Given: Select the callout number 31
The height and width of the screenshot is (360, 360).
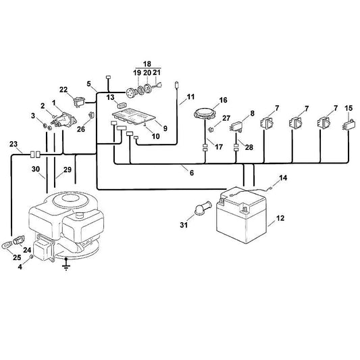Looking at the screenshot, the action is tap(184, 225).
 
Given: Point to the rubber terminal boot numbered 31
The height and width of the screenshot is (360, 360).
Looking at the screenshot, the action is tap(202, 207).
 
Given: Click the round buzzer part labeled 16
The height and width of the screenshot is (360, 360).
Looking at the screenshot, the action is tap(205, 113).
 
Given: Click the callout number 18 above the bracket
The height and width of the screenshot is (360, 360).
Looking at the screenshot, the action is tap(147, 63).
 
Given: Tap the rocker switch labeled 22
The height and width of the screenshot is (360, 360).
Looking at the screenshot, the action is tap(79, 101).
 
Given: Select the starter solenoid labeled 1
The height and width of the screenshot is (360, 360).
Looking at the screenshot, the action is tap(63, 120).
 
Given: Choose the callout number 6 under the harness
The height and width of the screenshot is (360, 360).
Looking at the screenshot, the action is tap(192, 173).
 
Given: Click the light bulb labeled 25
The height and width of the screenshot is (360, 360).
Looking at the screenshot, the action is tap(7, 245).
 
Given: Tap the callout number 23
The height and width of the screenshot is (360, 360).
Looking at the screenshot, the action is tap(14, 144).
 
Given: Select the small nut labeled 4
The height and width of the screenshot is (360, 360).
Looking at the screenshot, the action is tap(32, 257).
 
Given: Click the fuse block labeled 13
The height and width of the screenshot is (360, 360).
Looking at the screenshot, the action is tap(122, 105).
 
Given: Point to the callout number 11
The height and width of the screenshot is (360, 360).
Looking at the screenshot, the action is tap(190, 97).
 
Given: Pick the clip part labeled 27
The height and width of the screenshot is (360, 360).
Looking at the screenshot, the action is tap(211, 129).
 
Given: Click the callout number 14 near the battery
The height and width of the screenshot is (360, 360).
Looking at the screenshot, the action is tap(283, 178).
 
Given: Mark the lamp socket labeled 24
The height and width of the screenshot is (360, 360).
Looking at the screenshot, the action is tap(18, 240).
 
